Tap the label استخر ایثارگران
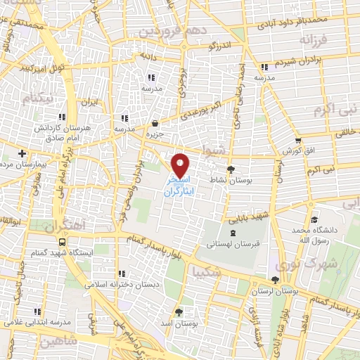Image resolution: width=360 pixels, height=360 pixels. [x=181, y=186]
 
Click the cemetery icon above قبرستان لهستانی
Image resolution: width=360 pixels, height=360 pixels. [x=232, y=233]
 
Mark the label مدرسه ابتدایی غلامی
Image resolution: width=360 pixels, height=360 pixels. [x=37, y=321]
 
